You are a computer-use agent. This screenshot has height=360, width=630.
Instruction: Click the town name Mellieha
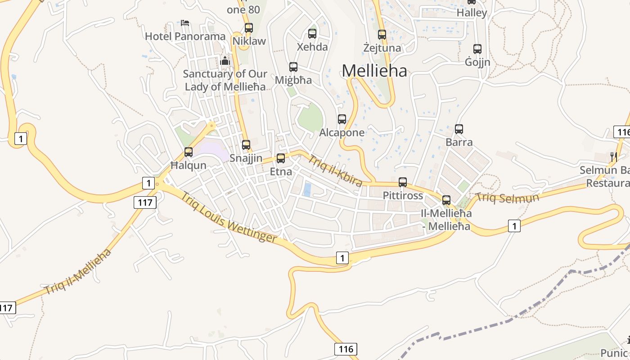point(374,71)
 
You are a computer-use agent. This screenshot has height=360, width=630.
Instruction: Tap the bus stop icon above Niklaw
point(249,28)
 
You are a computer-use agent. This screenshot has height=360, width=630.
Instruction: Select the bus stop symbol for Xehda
point(312,33)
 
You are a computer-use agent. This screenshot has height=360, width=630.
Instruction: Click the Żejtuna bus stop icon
point(382,35)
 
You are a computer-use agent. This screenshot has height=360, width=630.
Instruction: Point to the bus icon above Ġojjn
point(477,49)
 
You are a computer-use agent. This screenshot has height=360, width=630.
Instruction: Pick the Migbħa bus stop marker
point(293,67)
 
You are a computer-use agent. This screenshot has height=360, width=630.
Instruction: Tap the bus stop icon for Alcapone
point(342,119)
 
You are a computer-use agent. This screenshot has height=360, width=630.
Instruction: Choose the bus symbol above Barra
point(459,129)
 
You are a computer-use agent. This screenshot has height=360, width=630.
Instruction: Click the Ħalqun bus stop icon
point(189,152)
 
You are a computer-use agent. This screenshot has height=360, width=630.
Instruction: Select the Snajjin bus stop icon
point(246,145)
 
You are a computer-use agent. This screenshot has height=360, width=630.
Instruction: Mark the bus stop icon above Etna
point(281,158)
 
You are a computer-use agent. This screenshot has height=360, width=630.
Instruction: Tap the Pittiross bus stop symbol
point(403,182)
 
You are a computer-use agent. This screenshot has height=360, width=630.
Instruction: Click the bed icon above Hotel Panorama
point(185,23)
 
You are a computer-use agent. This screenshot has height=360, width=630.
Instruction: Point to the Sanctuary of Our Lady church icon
point(225,61)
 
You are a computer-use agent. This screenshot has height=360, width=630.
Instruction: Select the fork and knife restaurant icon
point(613,157)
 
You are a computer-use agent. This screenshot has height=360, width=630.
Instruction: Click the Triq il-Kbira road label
point(335,171)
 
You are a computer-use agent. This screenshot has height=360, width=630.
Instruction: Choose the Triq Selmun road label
point(507,198)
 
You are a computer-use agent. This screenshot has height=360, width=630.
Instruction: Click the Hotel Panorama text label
point(185,36)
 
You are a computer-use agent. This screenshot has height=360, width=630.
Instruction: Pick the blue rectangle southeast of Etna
point(307,189)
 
